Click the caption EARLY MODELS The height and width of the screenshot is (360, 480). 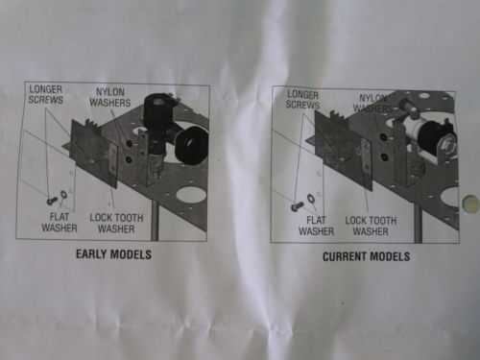pyautogui.click(x=113, y=254)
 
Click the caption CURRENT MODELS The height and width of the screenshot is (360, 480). pyautogui.click(x=366, y=256)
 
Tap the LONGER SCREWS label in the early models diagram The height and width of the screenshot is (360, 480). pyautogui.click(x=46, y=94)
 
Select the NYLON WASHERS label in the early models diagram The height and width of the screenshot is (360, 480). pyautogui.click(x=110, y=97)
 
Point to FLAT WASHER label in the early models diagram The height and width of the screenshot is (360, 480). pyautogui.click(x=60, y=223)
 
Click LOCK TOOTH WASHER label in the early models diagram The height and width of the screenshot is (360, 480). pyautogui.click(x=116, y=224)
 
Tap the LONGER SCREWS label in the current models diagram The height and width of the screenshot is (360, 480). pyautogui.click(x=302, y=100)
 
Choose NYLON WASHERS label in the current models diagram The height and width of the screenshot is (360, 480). pyautogui.click(x=372, y=103)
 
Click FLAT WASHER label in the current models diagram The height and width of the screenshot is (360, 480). pyautogui.click(x=316, y=226)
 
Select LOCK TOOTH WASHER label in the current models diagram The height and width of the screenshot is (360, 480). pyautogui.click(x=371, y=226)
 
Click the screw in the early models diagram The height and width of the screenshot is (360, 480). pyautogui.click(x=52, y=201)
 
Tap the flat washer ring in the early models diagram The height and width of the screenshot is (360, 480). pyautogui.click(x=63, y=194)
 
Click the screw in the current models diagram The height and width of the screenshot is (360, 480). pyautogui.click(x=297, y=206)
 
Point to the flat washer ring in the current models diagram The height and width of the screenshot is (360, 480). pyautogui.click(x=310, y=199)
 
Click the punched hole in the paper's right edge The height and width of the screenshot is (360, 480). pyautogui.click(x=469, y=204)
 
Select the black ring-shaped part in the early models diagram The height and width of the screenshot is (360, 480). pyautogui.click(x=192, y=144)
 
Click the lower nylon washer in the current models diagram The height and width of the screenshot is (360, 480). pyautogui.click(x=384, y=157)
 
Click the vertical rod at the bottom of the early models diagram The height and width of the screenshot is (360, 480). pyautogui.click(x=155, y=222)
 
